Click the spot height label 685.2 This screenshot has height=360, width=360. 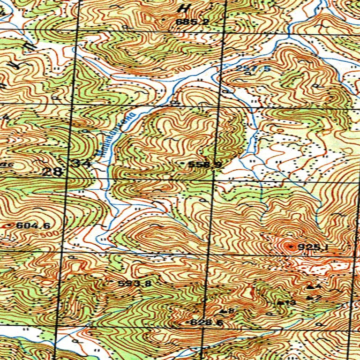click(192, 22)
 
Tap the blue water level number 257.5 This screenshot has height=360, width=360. click(253, 68)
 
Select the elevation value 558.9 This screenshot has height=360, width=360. click(205, 165)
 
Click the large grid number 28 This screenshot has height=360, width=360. click(52, 172)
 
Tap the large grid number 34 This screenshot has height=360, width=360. click(82, 164)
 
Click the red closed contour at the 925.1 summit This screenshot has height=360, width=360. click(288, 247)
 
